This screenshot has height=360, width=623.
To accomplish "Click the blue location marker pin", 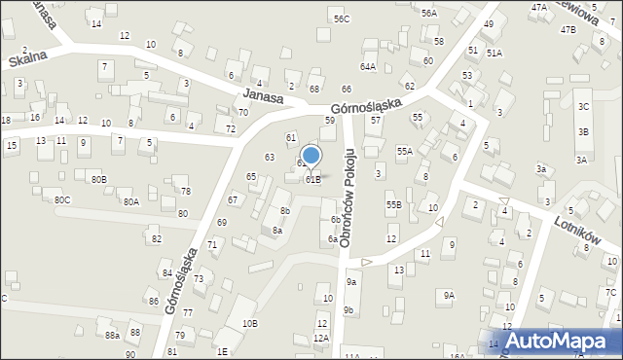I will point(311,157).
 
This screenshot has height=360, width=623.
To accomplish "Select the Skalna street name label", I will point(28,59).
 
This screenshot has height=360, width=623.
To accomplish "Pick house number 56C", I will point(341,18).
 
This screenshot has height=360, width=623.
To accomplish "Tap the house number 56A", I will point(428,13).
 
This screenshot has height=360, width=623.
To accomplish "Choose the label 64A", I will point(368,66).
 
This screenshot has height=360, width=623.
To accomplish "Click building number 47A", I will point(539,7).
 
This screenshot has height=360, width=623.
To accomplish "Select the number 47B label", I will point(568,29).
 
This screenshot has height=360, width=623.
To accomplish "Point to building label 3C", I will point(583,105).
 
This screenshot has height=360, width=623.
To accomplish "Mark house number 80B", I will point(98,180).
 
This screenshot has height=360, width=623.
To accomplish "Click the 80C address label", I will point(62,199).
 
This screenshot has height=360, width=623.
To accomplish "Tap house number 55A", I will point(404,151).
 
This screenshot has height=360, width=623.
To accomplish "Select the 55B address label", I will point(393,205).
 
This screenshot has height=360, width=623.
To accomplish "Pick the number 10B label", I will point(250,322).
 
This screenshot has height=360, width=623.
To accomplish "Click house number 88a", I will point(113,335).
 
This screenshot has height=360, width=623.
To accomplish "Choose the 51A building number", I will point(495,54).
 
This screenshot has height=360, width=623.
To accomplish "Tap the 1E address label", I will point(222,351).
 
